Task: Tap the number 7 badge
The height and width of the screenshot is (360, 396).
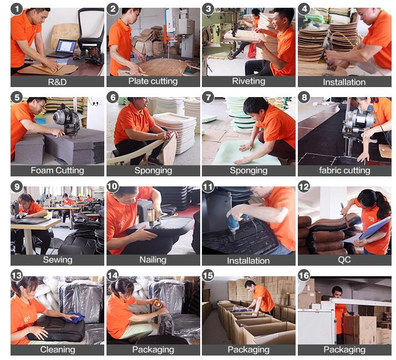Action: coord(209,97)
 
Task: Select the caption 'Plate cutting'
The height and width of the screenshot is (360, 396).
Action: coord(153,81)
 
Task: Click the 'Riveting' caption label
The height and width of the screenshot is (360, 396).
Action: coord(248,81)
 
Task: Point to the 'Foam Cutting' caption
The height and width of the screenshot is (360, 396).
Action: coord(57,170)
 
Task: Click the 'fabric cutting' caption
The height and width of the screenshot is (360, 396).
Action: coord(344,170)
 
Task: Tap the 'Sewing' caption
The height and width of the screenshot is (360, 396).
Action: coord(58,260)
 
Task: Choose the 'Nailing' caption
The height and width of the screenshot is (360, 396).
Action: coord(153,260)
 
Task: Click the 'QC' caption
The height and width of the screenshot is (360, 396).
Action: coord(344,260)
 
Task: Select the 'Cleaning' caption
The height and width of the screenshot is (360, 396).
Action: coord(58,349)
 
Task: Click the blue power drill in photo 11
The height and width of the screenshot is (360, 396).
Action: coord(235,222)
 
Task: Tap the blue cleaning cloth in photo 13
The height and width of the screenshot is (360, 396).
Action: coord(74,317)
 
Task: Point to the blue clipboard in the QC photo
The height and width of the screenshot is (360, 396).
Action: coord(374,228)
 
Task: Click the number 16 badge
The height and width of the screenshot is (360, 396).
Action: coord(304,275)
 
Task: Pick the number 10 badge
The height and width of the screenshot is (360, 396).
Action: coord(113,186)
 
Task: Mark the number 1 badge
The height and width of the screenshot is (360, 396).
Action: coord(17,9)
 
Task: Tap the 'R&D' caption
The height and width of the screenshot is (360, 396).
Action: coord(57,82)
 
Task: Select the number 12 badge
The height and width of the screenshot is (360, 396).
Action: coord(304,186)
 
